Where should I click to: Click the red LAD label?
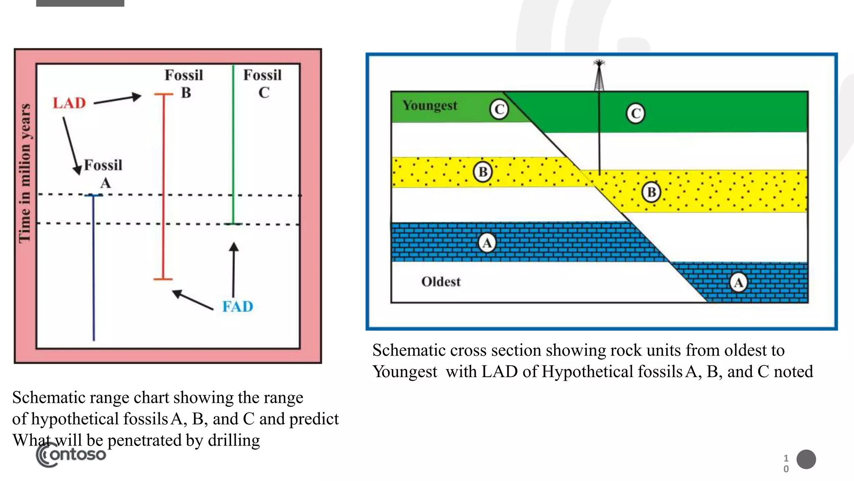[x=69, y=103]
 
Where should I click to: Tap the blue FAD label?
[x=237, y=307]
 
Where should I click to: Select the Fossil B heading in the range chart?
[x=184, y=84]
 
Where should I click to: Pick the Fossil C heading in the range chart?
[x=263, y=84]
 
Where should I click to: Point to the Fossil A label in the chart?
[x=103, y=174]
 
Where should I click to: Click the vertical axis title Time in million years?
[x=25, y=173]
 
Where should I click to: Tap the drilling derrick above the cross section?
[x=599, y=75]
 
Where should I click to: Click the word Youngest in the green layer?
[x=430, y=106]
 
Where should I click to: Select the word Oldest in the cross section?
[x=441, y=282]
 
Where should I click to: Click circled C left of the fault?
[x=499, y=109]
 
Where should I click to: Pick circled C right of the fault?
[x=635, y=114]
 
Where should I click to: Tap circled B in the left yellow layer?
[x=483, y=172]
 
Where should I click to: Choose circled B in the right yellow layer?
[x=651, y=192]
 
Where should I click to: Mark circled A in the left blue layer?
[x=487, y=243]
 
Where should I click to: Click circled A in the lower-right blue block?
[x=738, y=283]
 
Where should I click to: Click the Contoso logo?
[x=71, y=455]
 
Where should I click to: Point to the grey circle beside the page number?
[x=806, y=459]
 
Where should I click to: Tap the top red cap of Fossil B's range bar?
[x=163, y=95]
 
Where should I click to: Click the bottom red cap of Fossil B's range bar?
[x=163, y=279]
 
